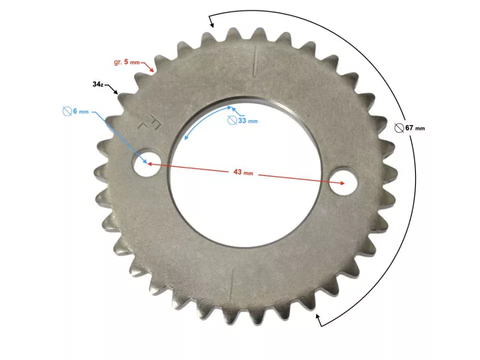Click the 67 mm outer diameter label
[x=415, y=128]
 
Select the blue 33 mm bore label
[x=248, y=121]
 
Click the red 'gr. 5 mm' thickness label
[x=126, y=62]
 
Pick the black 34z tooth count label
[x=98, y=84]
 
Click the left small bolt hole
[x=146, y=162]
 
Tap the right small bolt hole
[x=344, y=181]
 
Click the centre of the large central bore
[x=245, y=171]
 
